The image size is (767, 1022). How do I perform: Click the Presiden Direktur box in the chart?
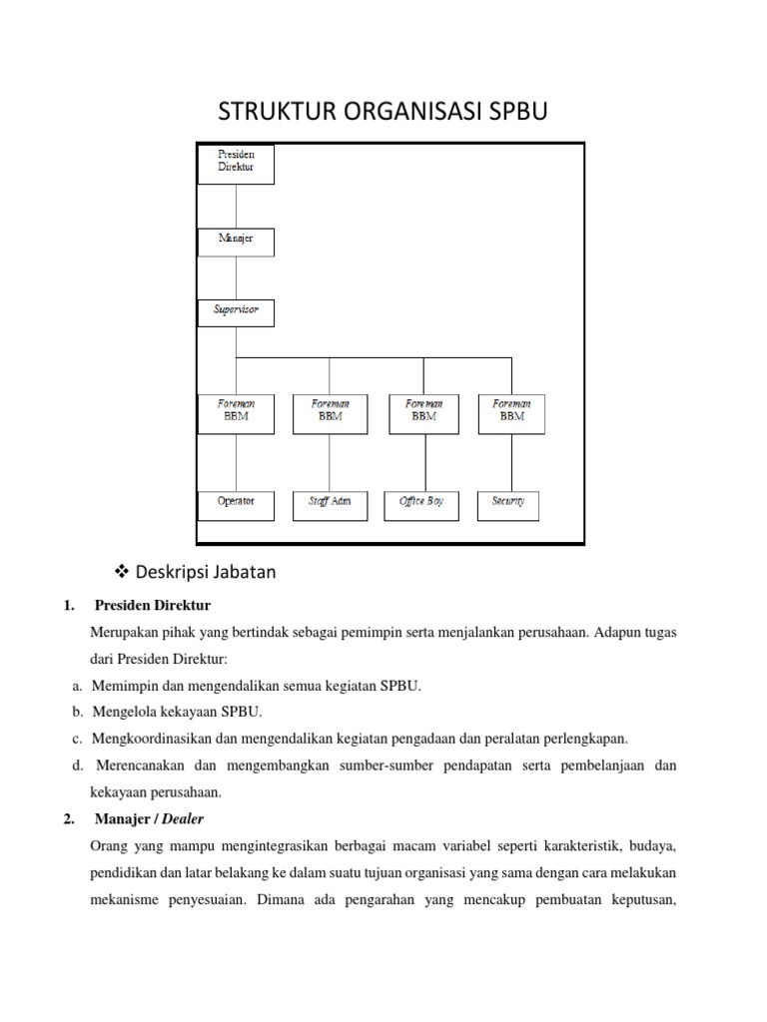point(236,163)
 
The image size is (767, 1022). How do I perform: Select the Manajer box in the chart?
point(236,242)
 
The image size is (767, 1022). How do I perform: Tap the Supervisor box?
point(236,312)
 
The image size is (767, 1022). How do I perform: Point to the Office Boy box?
point(422,505)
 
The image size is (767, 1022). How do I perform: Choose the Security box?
point(508,505)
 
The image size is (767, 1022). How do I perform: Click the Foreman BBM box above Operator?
point(236,412)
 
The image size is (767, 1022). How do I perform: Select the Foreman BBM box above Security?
point(511,412)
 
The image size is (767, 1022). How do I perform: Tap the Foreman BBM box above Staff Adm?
point(330,412)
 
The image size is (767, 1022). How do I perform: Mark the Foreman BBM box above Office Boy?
point(424,412)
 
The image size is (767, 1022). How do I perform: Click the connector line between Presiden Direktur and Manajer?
point(236,206)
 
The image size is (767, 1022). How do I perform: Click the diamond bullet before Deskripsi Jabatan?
point(124,572)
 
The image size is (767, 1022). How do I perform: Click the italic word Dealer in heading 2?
point(183,819)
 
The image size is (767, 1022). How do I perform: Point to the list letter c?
point(76,739)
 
